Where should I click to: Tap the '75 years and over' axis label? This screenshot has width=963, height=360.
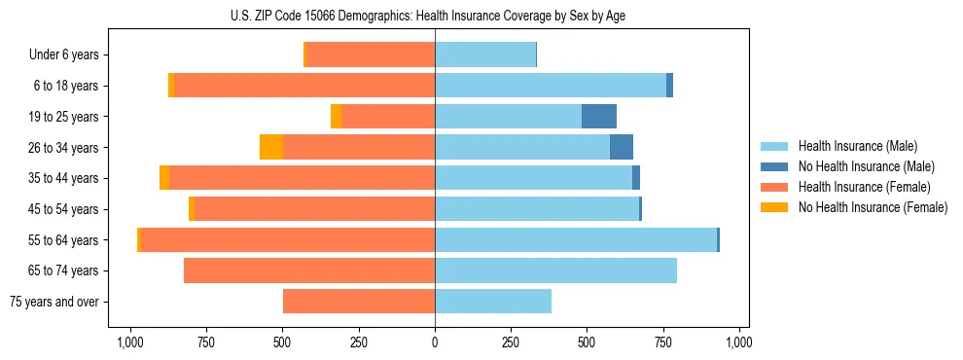pyautogui.click(x=55, y=302)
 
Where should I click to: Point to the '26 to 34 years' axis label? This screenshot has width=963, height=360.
pyautogui.click(x=63, y=148)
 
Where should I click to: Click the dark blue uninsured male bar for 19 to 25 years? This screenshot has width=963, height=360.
pyautogui.click(x=599, y=117)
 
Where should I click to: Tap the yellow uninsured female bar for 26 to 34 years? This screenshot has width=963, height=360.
pyautogui.click(x=271, y=147)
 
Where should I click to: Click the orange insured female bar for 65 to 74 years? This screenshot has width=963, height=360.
pyautogui.click(x=309, y=270)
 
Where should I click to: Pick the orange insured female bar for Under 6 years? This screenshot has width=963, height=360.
pyautogui.click(x=371, y=55)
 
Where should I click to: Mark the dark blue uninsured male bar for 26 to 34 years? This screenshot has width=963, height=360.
pyautogui.click(x=622, y=147)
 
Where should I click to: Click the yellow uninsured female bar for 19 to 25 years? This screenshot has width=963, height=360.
pyautogui.click(x=336, y=117)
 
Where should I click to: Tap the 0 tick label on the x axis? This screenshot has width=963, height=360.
pyautogui.click(x=435, y=342)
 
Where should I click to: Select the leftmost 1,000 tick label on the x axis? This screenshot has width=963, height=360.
pyautogui.click(x=130, y=342)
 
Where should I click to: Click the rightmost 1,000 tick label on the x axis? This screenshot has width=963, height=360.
pyautogui.click(x=739, y=342)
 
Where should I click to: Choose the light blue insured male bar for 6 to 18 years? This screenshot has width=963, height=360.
pyautogui.click(x=551, y=86)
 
